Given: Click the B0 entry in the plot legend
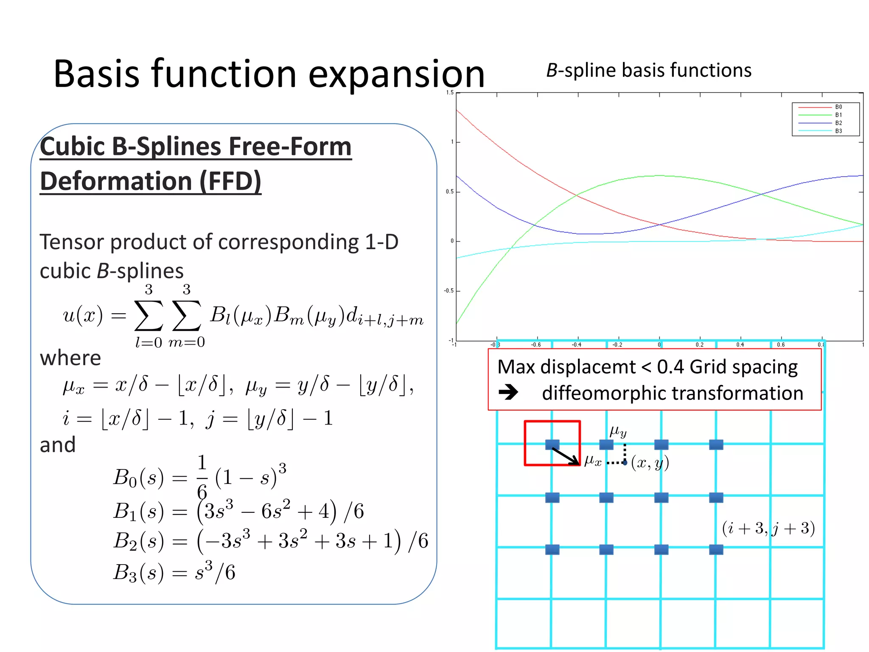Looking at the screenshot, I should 838,107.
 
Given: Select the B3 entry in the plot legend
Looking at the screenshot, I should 838,131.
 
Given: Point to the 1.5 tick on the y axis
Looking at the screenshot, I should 450,93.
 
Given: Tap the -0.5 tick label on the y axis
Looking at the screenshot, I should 449,291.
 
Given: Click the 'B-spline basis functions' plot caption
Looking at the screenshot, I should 648,70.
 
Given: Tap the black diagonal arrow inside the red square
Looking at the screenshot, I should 565,456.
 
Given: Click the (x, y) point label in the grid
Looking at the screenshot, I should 650,463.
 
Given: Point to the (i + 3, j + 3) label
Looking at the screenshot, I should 768,528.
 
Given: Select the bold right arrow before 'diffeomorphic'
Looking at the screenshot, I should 508,392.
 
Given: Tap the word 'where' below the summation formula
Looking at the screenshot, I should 70,358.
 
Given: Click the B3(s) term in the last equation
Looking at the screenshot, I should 138,573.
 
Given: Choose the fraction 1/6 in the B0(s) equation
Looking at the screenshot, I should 202,476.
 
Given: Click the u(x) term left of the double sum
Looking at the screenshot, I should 83,315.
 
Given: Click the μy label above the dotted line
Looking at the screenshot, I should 618,432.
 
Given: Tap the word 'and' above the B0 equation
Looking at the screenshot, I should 57,445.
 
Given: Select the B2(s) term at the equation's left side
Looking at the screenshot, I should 138,541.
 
